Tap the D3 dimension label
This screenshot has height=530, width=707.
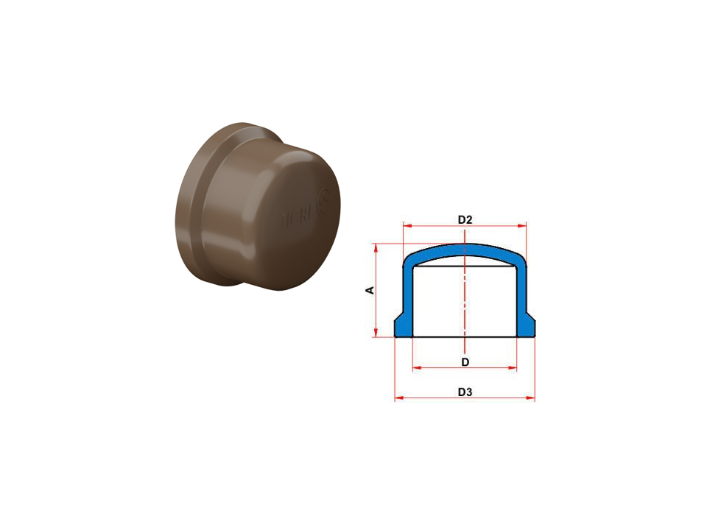464,392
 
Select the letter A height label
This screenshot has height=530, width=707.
370,290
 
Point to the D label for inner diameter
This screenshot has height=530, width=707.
465,361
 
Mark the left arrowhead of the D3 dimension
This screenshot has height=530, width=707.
398,398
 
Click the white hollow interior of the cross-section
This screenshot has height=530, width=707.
442,302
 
